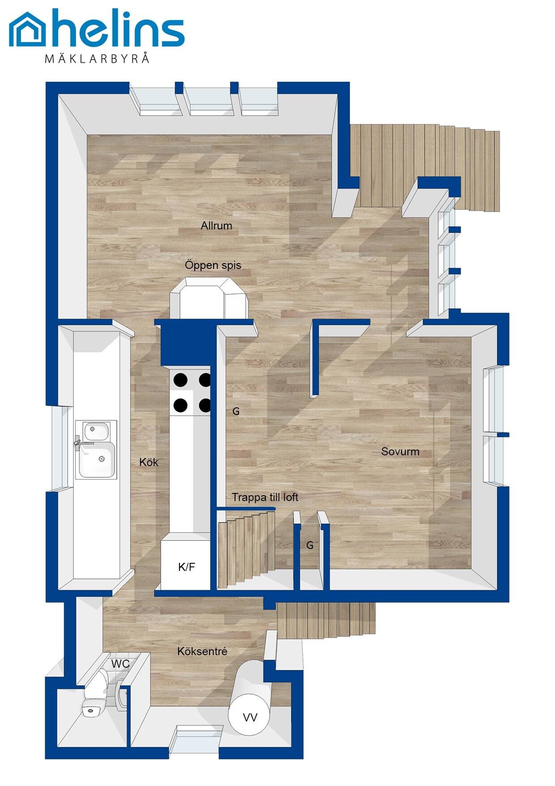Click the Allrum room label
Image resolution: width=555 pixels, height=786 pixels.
pyautogui.click(x=216, y=226)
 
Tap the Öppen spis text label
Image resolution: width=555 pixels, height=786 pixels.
pyautogui.click(x=213, y=265)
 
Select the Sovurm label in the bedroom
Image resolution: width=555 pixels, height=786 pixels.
pyautogui.click(x=400, y=451)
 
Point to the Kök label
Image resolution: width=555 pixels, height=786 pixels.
pyautogui.click(x=149, y=462)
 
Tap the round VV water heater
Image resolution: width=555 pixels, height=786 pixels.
pyautogui.click(x=249, y=717)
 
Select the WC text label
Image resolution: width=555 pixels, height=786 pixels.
pyautogui.click(x=120, y=664)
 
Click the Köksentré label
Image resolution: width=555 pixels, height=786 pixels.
pyautogui.click(x=202, y=651)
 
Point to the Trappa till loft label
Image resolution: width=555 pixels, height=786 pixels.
pyautogui.click(x=265, y=497)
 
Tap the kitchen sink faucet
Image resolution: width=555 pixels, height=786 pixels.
pyautogui.click(x=81, y=443)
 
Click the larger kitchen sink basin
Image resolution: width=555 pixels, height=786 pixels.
pyautogui.click(x=98, y=459)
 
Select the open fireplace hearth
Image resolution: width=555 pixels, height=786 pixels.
pyautogui.click(x=208, y=298)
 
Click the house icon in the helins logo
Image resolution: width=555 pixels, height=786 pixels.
pyautogui.click(x=27, y=29)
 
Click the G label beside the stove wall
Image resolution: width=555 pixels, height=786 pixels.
pyautogui.click(x=236, y=411)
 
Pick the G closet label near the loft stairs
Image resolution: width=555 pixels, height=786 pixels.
pyautogui.click(x=310, y=545)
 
